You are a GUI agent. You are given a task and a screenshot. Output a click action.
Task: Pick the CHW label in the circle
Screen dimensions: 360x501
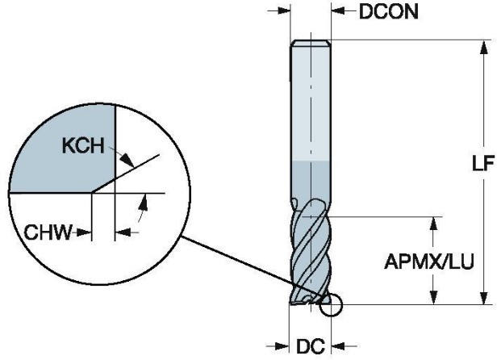[51, 233]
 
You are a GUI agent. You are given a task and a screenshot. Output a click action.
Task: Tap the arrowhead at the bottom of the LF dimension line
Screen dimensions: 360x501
[484, 298]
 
